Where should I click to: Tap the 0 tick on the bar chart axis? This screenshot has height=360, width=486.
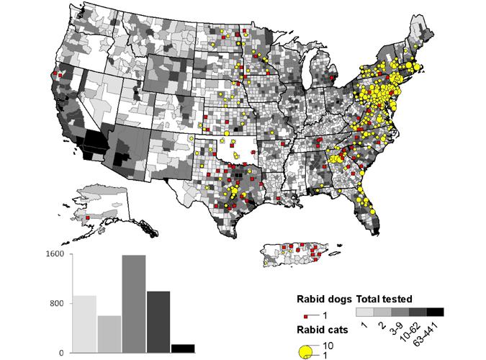pyautogui.click(x=62, y=353)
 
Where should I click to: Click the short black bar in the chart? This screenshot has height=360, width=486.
pyautogui.click(x=182, y=348)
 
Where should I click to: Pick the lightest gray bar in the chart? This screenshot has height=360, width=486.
pyautogui.click(x=84, y=324)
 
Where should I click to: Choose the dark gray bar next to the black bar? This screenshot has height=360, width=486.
pyautogui.click(x=158, y=322)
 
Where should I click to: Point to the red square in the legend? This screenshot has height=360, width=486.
pyautogui.click(x=306, y=316)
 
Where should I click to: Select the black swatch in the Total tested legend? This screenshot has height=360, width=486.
pyautogui.click(x=435, y=312)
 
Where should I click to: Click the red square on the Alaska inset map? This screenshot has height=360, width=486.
pyautogui.click(x=87, y=217)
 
